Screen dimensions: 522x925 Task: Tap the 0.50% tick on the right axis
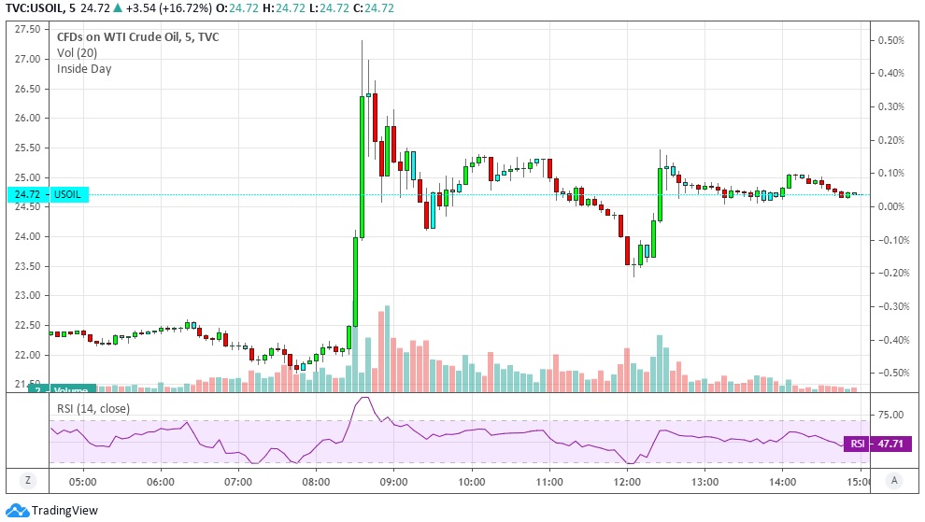(889, 40)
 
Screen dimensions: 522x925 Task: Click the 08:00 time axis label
(316, 482)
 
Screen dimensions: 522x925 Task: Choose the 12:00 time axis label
(627, 482)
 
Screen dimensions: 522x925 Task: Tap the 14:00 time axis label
(782, 482)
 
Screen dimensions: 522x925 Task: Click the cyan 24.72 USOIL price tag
(47, 195)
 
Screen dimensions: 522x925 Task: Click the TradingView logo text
(64, 510)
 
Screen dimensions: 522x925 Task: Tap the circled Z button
(28, 481)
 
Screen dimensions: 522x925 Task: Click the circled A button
(895, 481)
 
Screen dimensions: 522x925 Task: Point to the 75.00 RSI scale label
(889, 415)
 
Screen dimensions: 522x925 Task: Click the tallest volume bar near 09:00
(387, 347)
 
